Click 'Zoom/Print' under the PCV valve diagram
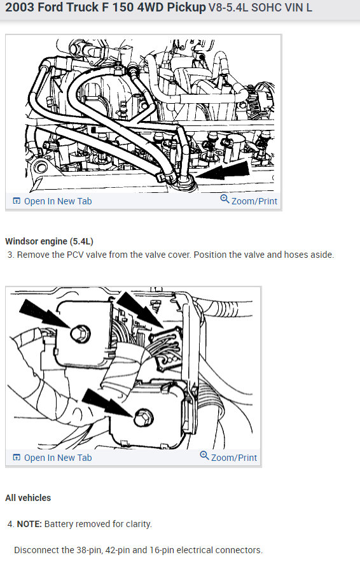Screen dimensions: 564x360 [254, 201]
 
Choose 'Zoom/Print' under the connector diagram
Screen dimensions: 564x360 [233, 458]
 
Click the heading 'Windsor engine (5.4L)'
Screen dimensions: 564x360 [49, 241]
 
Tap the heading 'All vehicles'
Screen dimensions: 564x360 [28, 498]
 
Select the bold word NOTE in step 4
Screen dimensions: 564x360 [29, 525]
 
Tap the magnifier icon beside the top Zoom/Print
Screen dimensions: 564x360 [224, 199]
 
